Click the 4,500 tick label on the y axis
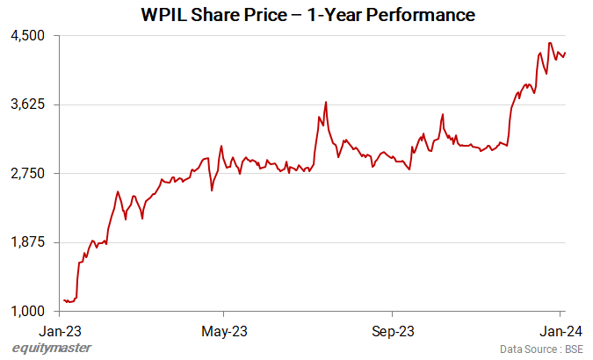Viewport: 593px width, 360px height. click(29, 35)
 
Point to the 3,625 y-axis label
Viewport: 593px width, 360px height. click(29, 104)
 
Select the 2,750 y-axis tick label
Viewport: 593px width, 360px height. click(29, 173)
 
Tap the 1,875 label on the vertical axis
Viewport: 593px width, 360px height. click(29, 242)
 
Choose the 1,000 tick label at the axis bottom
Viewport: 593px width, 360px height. click(29, 311)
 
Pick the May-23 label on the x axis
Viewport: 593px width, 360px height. click(224, 331)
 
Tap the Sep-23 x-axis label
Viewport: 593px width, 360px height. click(392, 331)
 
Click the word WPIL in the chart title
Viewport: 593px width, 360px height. click(164, 16)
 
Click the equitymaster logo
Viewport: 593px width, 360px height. click(52, 349)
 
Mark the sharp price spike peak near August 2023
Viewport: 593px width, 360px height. click(326, 102)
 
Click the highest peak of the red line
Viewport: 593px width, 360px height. click(549, 42)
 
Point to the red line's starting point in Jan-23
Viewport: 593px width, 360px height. click(64, 300)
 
